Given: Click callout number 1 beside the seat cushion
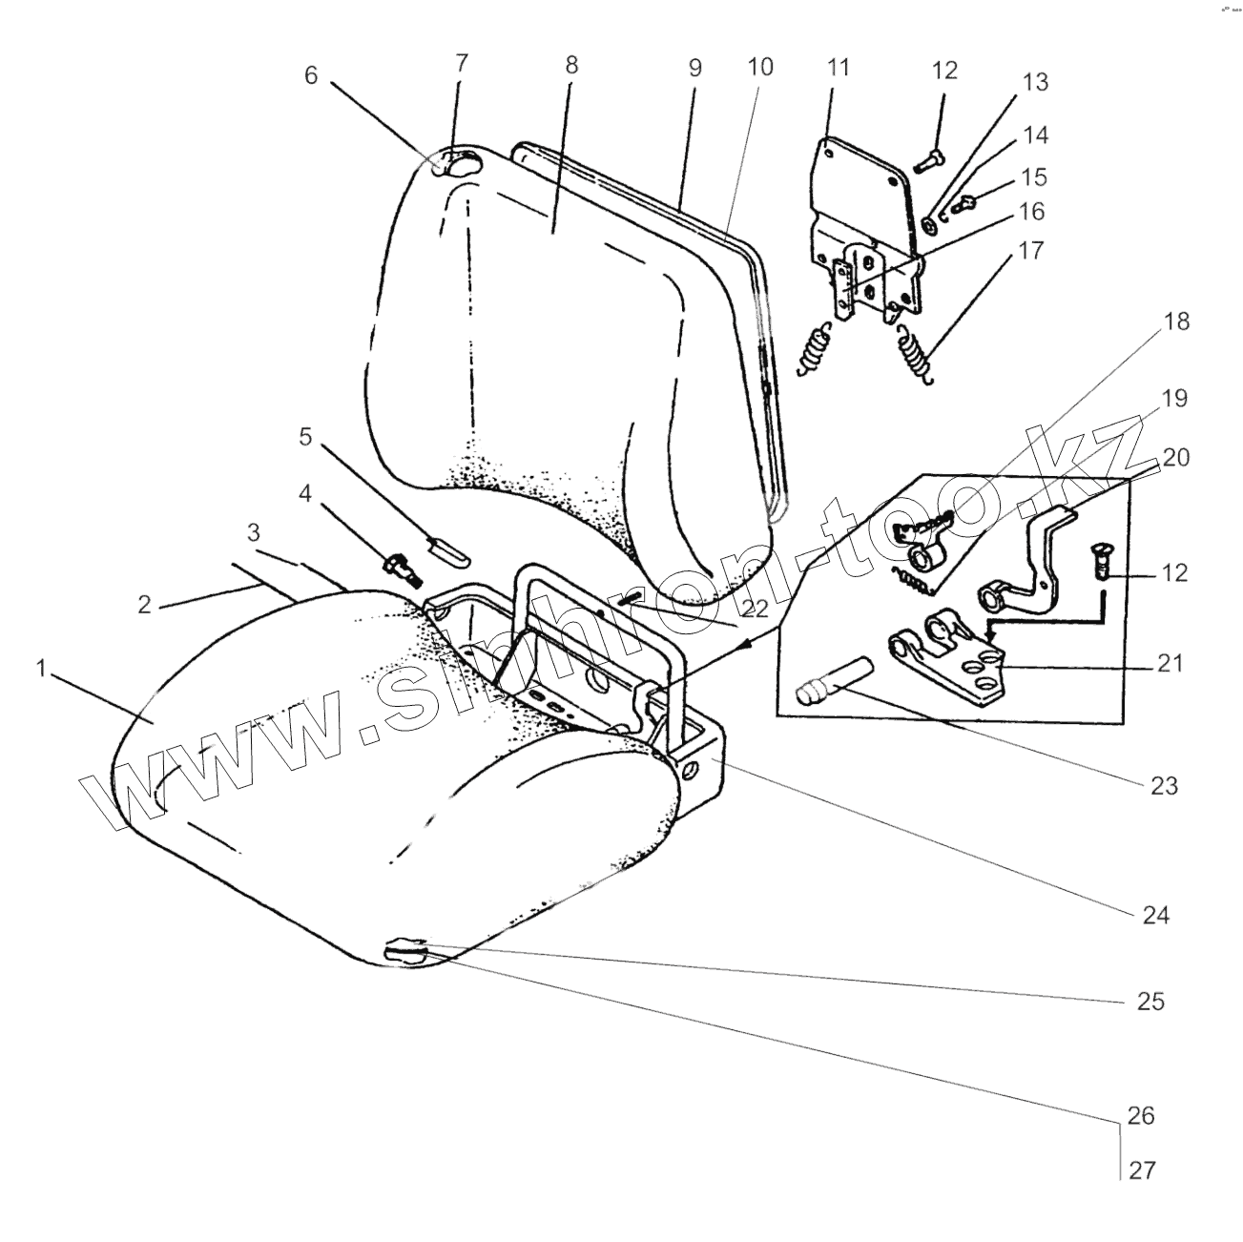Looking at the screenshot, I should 41,669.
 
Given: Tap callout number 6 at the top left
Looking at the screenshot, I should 311,75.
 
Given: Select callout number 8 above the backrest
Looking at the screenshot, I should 570,66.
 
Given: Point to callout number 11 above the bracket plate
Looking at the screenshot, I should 838,68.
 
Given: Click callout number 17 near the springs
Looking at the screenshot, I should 1031,252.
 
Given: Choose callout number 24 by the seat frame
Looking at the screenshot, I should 1155,915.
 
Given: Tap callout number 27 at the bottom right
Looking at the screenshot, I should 1142,1170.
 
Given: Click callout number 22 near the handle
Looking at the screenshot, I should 755,608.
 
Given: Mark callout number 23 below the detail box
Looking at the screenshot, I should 1164,786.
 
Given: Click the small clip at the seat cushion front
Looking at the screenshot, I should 405,950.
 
